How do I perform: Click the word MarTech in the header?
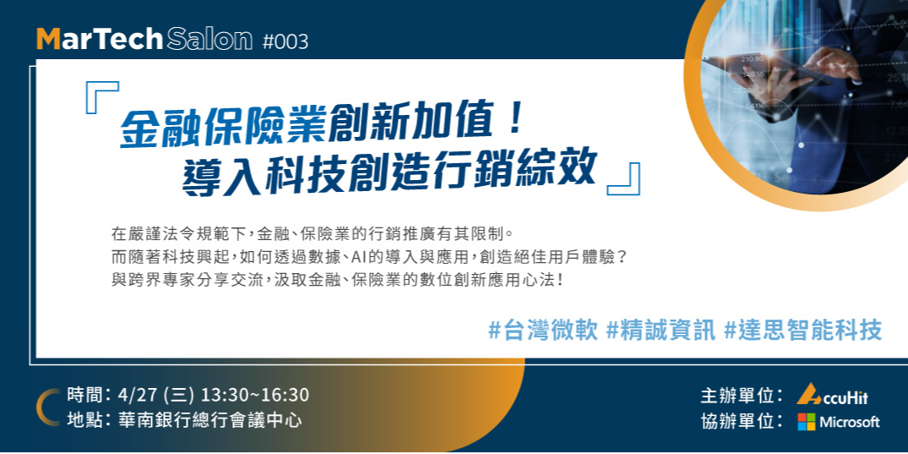coord(100,39)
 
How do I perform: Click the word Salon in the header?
coord(209,39)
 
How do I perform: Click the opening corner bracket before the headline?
coord(102,96)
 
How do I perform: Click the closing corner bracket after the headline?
coord(624,178)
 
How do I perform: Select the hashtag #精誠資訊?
coord(661,330)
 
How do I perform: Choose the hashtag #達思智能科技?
coord(803,330)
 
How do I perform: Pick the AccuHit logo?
coord(833,395)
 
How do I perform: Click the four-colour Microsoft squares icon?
coord(807,421)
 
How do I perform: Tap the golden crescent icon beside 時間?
coord(46,407)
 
